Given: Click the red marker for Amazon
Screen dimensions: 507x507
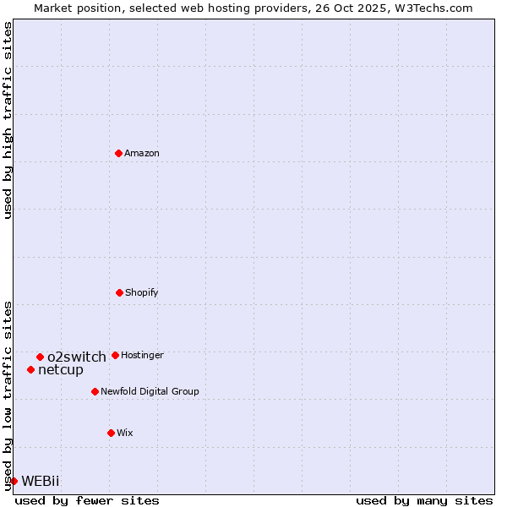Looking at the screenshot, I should click(118, 153).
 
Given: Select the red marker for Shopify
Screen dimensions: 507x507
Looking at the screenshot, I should click(119, 292).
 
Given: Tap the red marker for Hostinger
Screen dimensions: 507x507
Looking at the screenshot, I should click(115, 355).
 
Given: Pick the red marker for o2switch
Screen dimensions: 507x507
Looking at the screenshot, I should click(40, 357).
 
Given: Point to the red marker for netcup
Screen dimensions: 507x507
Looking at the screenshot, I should click(30, 369).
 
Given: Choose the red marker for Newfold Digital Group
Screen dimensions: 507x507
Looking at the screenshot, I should click(95, 391).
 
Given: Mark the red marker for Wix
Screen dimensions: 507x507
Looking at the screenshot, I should click(111, 433).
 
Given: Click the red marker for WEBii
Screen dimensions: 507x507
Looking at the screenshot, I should click(14, 481).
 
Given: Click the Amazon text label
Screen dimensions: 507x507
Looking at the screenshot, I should click(142, 153).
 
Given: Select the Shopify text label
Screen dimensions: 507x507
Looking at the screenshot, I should click(142, 292).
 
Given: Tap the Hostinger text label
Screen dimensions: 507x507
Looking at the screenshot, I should click(142, 355).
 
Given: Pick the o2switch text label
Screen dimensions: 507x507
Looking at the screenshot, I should click(77, 357).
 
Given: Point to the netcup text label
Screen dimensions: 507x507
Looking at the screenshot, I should click(61, 369).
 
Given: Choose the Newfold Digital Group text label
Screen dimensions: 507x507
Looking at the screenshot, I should click(150, 391).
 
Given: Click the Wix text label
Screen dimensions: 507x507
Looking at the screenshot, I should click(125, 433).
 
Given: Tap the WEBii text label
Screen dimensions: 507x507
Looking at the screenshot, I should click(41, 481).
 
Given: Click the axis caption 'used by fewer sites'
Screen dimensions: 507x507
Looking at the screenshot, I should click(87, 500).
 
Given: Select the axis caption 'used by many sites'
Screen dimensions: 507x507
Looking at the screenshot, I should click(424, 500).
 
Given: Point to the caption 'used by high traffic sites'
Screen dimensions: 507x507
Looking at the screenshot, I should click(8, 120).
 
